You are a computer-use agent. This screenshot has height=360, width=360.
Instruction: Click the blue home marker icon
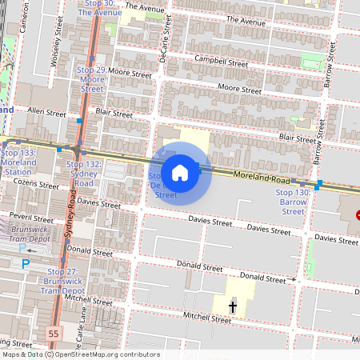180,172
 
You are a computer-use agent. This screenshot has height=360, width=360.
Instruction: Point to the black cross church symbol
234,306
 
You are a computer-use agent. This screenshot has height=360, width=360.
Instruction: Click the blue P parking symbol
26,262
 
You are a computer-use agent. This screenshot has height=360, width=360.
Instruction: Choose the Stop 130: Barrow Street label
293,202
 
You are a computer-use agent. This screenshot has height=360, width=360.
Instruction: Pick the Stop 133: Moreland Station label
19,162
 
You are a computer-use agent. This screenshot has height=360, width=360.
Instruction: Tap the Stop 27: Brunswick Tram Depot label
62,281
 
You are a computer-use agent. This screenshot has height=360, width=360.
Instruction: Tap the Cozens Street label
37,185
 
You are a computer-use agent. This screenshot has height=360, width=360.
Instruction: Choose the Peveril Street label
30,217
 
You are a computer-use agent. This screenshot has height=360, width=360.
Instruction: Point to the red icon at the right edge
358,214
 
